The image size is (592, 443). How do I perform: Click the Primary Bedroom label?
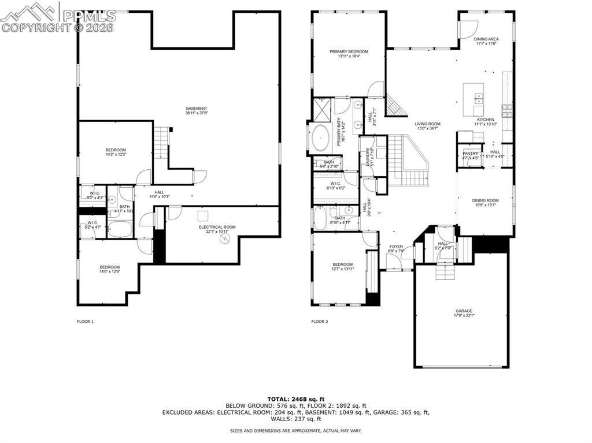[x=349, y=51]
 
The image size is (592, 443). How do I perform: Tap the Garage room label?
[x=463, y=311]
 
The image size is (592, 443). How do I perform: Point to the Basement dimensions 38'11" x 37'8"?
[x=197, y=114]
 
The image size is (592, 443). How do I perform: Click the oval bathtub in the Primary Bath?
[x=320, y=139]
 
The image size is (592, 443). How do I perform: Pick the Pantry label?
[x=470, y=154]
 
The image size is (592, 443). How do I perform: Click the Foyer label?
[x=396, y=247]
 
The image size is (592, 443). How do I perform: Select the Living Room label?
[x=427, y=124]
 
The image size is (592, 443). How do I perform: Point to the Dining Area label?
[x=486, y=39]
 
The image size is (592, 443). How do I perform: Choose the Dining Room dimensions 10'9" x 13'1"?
[x=486, y=205]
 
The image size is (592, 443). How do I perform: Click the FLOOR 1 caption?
[x=85, y=321]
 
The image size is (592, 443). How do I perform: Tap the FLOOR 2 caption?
[x=319, y=321]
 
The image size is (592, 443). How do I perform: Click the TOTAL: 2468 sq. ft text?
[x=296, y=399]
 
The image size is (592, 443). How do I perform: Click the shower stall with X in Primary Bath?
[x=320, y=108]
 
